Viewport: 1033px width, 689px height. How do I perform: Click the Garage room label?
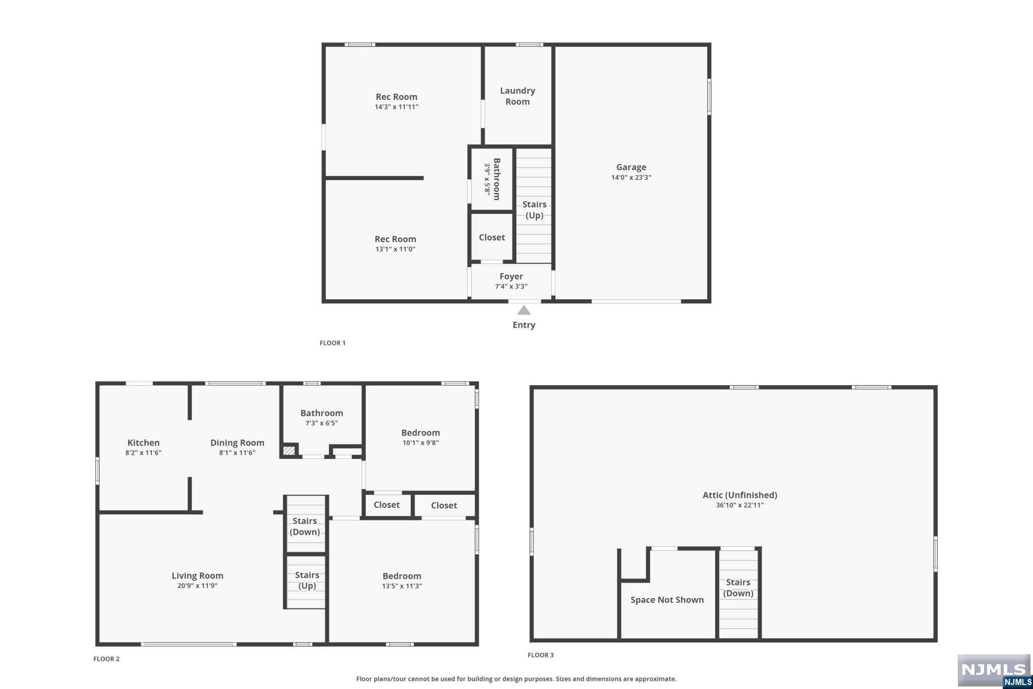pyautogui.click(x=631, y=167)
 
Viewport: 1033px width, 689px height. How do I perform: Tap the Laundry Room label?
pyautogui.click(x=518, y=96)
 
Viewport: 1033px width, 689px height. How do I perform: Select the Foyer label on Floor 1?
pyautogui.click(x=511, y=277)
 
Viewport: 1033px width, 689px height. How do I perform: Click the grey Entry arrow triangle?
pyautogui.click(x=524, y=310)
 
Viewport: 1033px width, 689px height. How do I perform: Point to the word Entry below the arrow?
pyautogui.click(x=524, y=325)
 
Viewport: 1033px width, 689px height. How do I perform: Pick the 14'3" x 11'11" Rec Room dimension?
pyautogui.click(x=396, y=107)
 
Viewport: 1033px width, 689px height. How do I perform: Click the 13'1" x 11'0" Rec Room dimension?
pyautogui.click(x=395, y=249)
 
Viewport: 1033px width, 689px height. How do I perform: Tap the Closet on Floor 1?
pyautogui.click(x=492, y=237)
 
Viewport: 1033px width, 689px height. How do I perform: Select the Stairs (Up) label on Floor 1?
pyautogui.click(x=534, y=210)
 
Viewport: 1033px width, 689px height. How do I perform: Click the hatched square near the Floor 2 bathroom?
pyautogui.click(x=289, y=450)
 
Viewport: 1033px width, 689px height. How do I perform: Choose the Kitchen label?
pyautogui.click(x=143, y=443)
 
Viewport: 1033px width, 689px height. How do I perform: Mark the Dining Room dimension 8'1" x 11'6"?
pyautogui.click(x=237, y=453)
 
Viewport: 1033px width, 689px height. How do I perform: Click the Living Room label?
pyautogui.click(x=197, y=575)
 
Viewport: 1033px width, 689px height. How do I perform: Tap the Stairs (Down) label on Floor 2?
pyautogui.click(x=305, y=526)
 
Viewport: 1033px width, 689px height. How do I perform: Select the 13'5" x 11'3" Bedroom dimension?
pyautogui.click(x=402, y=586)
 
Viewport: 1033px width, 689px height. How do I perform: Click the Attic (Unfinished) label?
pyautogui.click(x=740, y=495)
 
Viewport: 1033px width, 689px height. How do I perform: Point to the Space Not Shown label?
pyautogui.click(x=667, y=600)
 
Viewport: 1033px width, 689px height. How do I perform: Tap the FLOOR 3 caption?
pyautogui.click(x=541, y=655)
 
